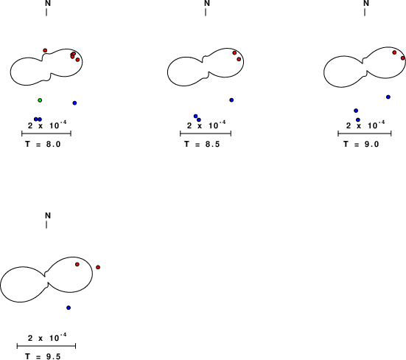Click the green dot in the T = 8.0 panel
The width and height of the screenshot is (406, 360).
point(40,100)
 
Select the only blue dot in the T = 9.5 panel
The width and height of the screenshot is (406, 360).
point(69,308)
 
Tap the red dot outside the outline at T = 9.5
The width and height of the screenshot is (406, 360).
point(98,267)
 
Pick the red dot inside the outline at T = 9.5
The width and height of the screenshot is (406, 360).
point(77,264)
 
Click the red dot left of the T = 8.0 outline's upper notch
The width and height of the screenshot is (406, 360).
point(45,50)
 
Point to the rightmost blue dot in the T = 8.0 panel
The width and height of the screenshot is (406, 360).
point(74,103)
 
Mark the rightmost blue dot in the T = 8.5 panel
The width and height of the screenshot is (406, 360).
point(231,100)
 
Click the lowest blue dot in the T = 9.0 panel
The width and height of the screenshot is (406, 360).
point(358,120)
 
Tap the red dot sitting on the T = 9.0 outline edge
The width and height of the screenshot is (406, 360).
point(403,58)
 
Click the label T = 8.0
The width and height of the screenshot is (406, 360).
point(43,144)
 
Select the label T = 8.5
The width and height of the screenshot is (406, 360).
point(202,144)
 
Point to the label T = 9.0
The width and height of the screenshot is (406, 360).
point(361,144)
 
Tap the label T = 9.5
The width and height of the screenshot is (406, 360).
point(43,356)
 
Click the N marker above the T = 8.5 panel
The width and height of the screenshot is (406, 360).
point(207,3)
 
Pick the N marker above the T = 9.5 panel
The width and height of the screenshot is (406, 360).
point(48,215)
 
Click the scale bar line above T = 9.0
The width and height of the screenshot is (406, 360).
point(365,134)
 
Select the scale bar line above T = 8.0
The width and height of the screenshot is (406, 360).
point(46,134)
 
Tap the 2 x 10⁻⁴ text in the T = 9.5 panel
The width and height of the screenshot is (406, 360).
point(47,337)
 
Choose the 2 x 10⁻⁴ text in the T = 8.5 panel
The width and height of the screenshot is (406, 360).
point(206,125)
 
